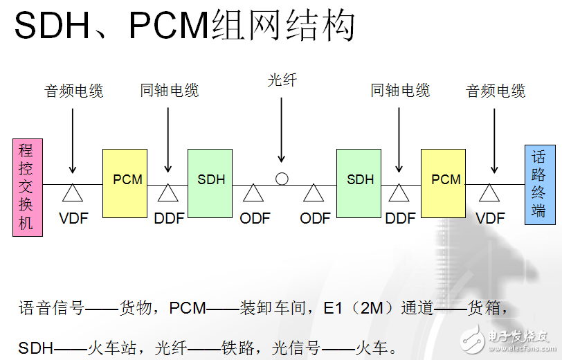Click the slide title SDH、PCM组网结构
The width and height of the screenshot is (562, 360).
(185, 27)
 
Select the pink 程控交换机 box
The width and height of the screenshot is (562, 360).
(28, 187)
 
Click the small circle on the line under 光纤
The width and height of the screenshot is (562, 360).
(282, 179)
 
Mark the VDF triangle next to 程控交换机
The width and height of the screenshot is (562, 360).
(73, 192)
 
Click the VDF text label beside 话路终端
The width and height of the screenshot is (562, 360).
(490, 219)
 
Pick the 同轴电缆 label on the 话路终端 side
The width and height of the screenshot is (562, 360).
(400, 91)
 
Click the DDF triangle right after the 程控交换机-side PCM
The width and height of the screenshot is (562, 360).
(168, 192)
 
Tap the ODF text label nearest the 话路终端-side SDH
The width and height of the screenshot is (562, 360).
(315, 219)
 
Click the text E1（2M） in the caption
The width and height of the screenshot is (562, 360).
(356, 308)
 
